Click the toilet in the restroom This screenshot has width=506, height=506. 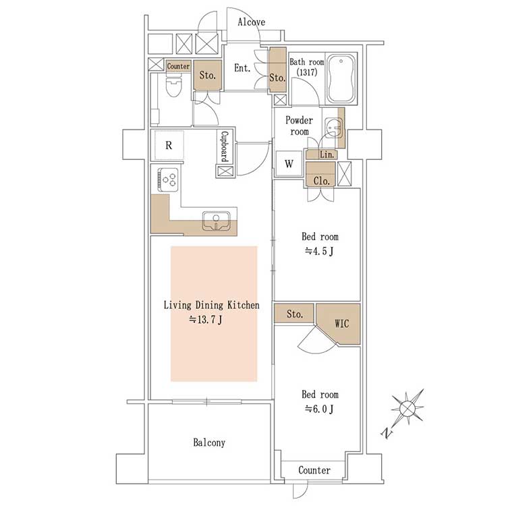(173, 84)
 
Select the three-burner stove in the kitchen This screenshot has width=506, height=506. (168, 179)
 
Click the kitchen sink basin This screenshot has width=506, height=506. (216, 221)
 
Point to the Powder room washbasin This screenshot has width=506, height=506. (333, 128)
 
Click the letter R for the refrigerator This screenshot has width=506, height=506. (169, 146)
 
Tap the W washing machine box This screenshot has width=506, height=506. (289, 164)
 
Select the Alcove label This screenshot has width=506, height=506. (252, 22)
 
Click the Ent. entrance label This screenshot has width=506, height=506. (242, 68)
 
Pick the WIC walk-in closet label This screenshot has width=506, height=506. (342, 323)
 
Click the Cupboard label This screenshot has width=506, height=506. (225, 146)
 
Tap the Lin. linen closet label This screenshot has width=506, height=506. (327, 154)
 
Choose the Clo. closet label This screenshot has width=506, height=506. (321, 181)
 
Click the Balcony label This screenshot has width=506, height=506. (209, 443)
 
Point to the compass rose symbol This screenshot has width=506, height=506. (407, 409)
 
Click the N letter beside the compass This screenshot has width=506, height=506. (387, 432)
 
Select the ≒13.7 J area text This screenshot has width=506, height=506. (206, 320)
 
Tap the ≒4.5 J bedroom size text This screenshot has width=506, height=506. (319, 251)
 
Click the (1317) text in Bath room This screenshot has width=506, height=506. (307, 72)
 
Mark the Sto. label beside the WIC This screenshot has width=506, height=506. (295, 314)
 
